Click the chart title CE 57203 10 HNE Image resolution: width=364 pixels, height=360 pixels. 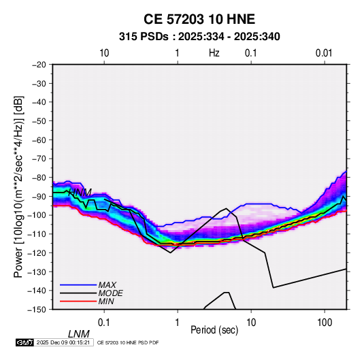(x=199, y=19)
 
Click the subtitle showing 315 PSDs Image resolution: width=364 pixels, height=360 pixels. (x=199, y=37)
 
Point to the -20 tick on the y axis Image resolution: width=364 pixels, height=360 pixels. (x=39, y=65)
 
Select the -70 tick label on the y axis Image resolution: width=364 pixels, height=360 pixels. (x=39, y=159)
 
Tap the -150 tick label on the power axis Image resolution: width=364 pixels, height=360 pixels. (x=37, y=310)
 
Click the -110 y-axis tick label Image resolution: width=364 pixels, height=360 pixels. (x=37, y=234)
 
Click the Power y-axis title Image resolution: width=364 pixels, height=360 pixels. (x=18, y=187)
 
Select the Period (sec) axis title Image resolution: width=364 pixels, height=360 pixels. (x=214, y=330)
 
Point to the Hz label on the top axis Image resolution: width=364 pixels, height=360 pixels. (x=214, y=53)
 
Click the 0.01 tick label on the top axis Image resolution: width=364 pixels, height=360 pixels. (x=324, y=53)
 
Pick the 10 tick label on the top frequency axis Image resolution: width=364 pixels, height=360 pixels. (x=104, y=53)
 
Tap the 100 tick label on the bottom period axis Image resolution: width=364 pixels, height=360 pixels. (x=325, y=323)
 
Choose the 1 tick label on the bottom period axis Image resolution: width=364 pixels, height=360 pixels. (x=178, y=323)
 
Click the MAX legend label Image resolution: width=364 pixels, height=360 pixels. (x=107, y=284)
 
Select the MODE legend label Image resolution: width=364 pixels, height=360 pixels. (x=110, y=293)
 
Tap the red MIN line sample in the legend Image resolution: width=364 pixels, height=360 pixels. (x=78, y=301)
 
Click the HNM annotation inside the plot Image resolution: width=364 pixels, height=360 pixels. (x=80, y=193)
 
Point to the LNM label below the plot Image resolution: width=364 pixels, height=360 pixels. (x=79, y=334)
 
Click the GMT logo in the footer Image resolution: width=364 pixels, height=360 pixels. (x=24, y=342)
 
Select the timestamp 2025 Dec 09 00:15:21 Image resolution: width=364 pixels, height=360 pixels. (x=63, y=342)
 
